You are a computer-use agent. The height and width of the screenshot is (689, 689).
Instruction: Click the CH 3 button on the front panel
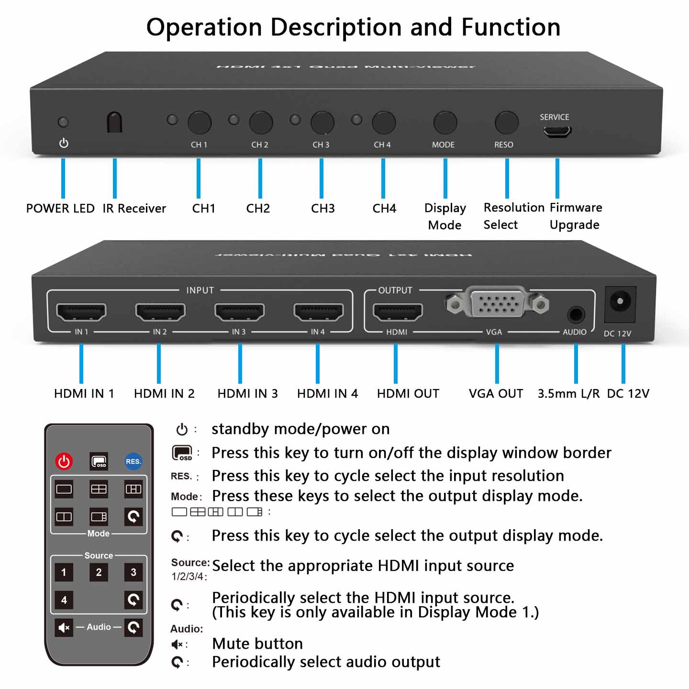point(322,122)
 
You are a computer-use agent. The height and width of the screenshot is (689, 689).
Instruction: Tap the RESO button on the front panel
point(506,122)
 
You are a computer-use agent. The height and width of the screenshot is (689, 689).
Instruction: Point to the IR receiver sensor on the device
point(114,122)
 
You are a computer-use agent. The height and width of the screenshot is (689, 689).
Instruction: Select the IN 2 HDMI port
point(160,312)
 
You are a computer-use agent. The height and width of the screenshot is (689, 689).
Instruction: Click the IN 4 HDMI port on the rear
point(318,312)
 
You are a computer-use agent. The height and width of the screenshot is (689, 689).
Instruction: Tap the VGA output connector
point(498,302)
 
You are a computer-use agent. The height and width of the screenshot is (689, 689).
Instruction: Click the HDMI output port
point(398,312)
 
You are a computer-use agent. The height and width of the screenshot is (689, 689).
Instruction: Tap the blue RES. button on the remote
point(133,461)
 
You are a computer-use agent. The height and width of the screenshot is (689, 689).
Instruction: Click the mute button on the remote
point(64,627)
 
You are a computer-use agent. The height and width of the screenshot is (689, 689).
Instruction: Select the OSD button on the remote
point(99,461)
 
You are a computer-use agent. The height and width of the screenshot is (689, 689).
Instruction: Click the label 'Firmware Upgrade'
point(576,216)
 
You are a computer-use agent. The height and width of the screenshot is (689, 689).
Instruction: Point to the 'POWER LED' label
point(60,209)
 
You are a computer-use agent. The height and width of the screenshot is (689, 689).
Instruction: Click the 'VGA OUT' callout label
point(496,394)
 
